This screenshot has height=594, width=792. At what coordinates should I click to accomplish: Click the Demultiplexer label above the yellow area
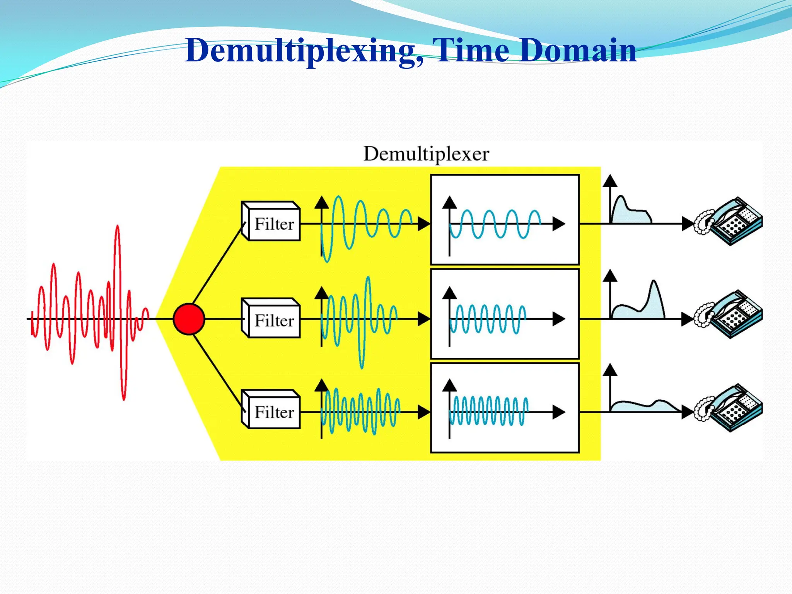(x=426, y=154)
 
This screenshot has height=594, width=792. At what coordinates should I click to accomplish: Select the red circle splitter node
(x=189, y=319)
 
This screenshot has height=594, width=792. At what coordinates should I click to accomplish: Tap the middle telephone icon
(x=729, y=315)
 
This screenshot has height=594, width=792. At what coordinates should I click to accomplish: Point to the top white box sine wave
(x=495, y=224)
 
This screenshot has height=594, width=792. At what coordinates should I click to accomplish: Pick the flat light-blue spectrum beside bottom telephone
(x=642, y=407)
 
